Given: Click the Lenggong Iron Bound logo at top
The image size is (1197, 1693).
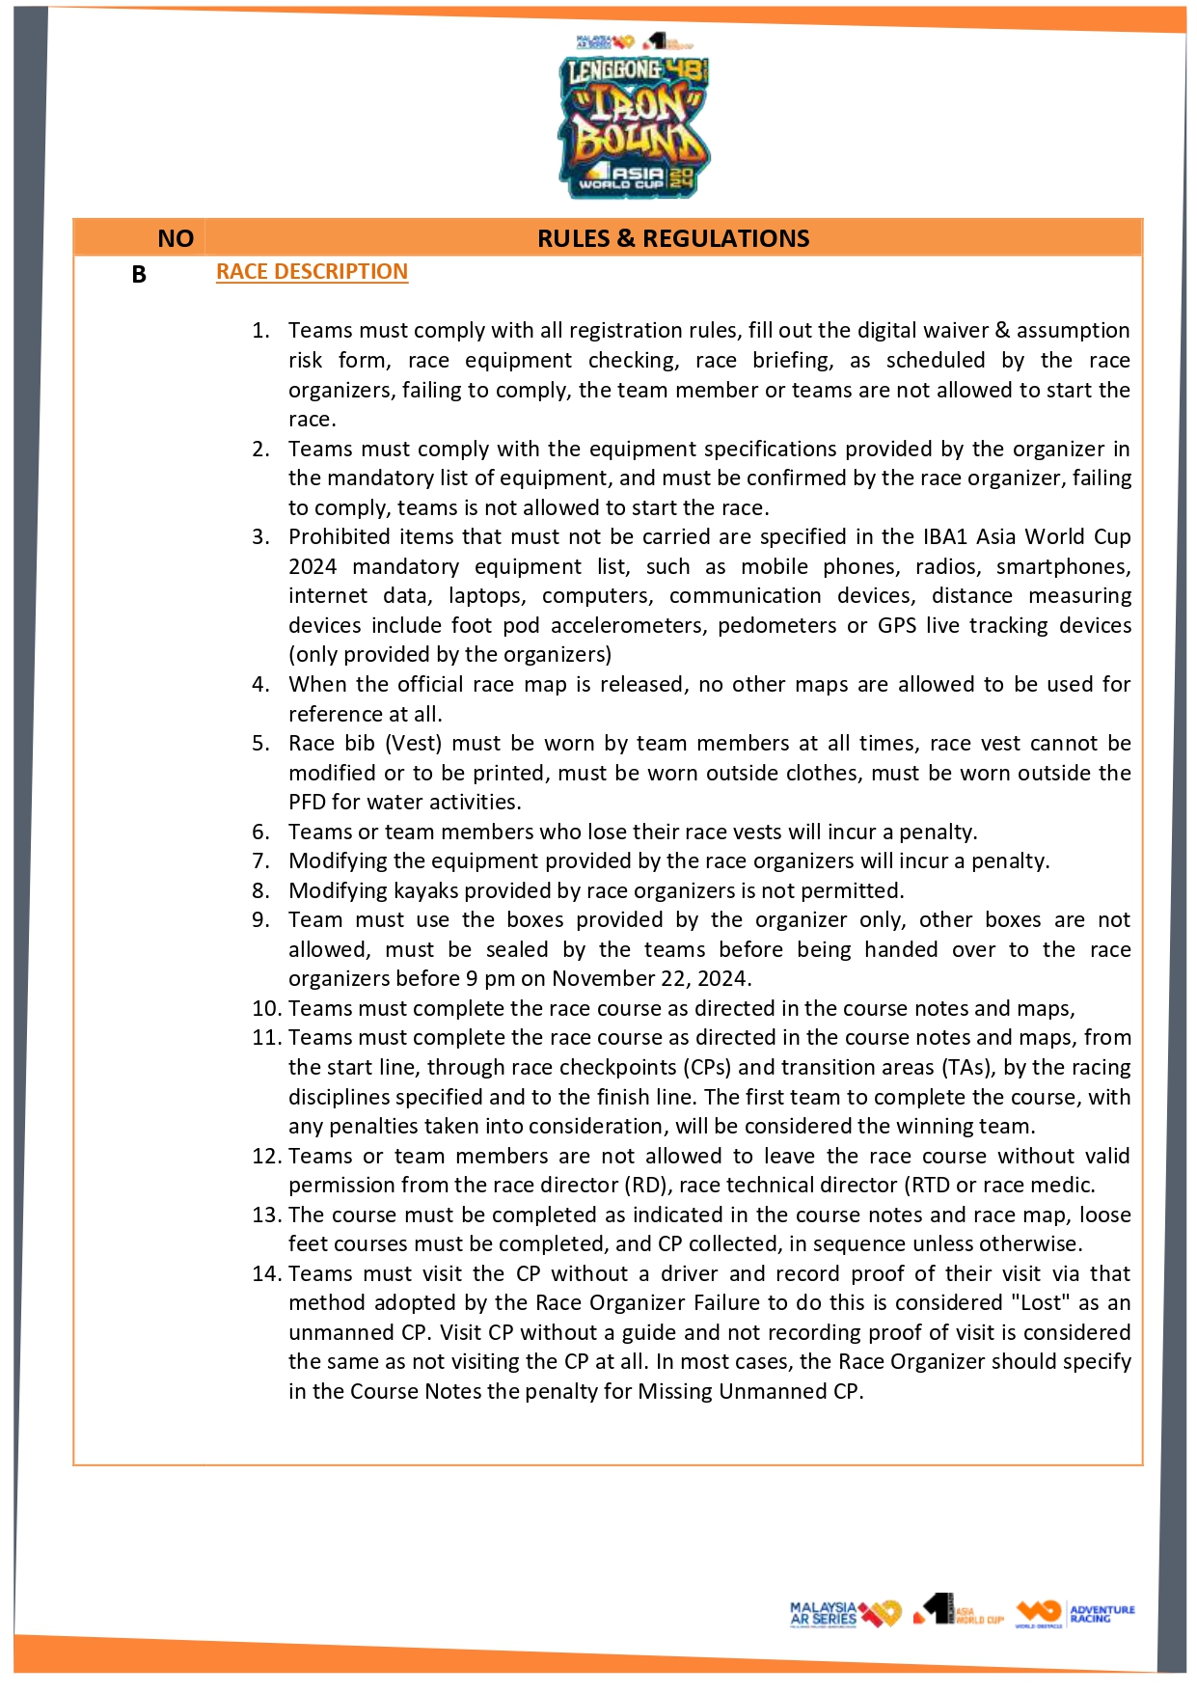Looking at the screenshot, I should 633,125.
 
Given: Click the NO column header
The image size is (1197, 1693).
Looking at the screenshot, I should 176,238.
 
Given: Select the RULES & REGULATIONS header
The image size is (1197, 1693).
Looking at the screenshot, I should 673,238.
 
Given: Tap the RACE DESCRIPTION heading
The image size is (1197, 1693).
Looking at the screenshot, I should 312,272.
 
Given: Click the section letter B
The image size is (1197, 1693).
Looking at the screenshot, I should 139,275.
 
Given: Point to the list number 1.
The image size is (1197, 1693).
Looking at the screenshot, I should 260,331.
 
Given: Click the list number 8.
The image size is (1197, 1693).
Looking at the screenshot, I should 260,890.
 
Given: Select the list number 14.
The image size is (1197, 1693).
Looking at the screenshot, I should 266,1274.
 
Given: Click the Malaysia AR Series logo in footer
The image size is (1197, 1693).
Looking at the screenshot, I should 844,1614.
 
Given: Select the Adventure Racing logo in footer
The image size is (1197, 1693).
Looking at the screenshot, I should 1075,1614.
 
